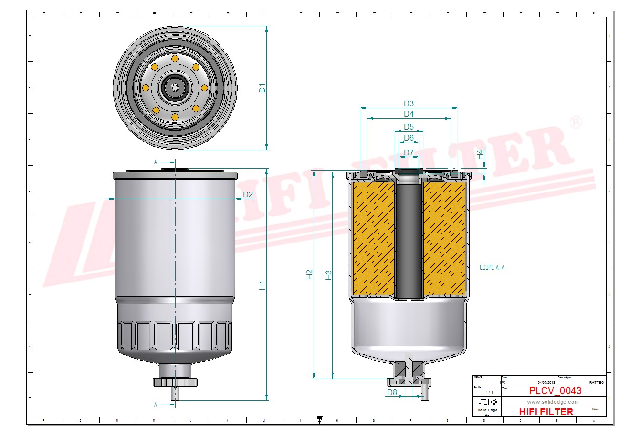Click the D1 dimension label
(x=262, y=88)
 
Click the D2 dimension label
(x=248, y=194)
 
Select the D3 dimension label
(x=409, y=103)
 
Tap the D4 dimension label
(x=409, y=114)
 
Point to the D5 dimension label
(x=409, y=127)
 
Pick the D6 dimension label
(x=409, y=138)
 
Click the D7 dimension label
(x=409, y=153)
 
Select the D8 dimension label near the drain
(x=392, y=393)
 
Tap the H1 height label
(x=262, y=285)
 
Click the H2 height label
(x=310, y=274)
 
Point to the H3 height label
(x=328, y=275)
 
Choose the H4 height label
(x=480, y=154)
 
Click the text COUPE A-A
(x=492, y=268)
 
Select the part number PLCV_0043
(x=555, y=391)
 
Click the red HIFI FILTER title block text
(x=546, y=412)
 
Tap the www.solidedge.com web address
(x=553, y=402)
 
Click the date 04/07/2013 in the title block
(x=546, y=382)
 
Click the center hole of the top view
(x=175, y=88)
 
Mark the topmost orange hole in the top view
(x=175, y=59)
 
